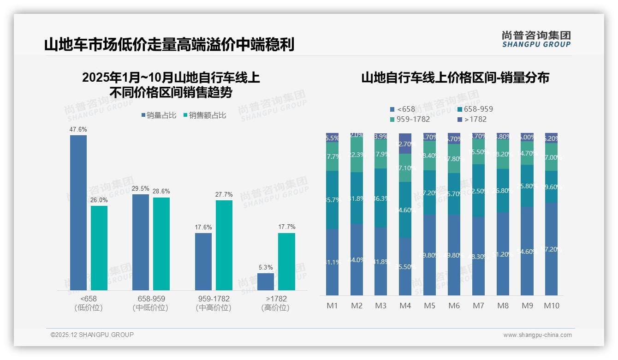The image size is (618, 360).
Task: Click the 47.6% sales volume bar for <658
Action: (78, 212)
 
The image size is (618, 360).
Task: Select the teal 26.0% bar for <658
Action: (99, 248)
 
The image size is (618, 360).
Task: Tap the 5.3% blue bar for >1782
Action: (266, 282)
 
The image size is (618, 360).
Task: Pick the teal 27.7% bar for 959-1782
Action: (224, 245)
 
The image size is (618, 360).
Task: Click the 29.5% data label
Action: (141, 188)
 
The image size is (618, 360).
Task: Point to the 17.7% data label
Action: (286, 227)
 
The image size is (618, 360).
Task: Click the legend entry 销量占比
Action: (159, 115)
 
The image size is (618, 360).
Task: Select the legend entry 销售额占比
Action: (204, 115)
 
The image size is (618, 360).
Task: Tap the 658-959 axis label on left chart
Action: (151, 299)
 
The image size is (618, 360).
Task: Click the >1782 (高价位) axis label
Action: (276, 303)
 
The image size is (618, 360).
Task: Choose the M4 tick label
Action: (405, 306)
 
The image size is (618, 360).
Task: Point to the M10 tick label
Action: (551, 306)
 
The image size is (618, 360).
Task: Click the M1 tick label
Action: (333, 306)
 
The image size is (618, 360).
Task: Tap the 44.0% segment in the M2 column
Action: (357, 259)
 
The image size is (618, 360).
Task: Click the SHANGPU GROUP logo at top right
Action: (536, 39)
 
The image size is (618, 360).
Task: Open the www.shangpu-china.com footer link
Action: (537, 335)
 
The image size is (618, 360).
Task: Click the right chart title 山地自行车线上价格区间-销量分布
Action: (455, 78)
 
